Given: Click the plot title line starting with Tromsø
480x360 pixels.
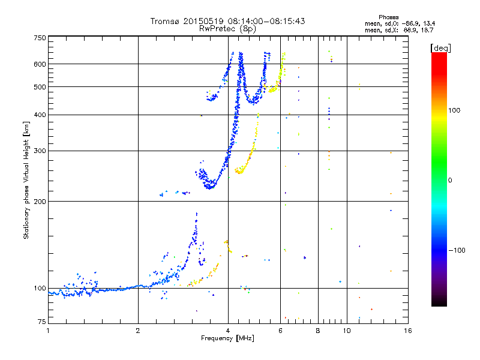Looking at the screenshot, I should click(227, 21).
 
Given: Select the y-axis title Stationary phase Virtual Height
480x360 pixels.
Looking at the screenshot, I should click(26, 179).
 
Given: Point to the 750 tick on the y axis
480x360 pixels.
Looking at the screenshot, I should click(40, 38).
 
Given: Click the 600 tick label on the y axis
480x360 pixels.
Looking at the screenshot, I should click(40, 64).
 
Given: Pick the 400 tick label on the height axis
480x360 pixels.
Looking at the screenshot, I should click(40, 115).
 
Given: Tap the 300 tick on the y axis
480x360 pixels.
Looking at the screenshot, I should click(40, 151).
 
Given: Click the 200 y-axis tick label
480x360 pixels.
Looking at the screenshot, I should click(40, 201).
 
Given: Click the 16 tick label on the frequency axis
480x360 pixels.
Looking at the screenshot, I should click(407, 331).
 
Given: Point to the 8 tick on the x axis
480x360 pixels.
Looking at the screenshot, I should click(318, 331).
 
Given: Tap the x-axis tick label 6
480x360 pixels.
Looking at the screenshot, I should click(280, 331).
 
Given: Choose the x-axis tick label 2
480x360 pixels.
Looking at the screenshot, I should click(138, 331).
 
